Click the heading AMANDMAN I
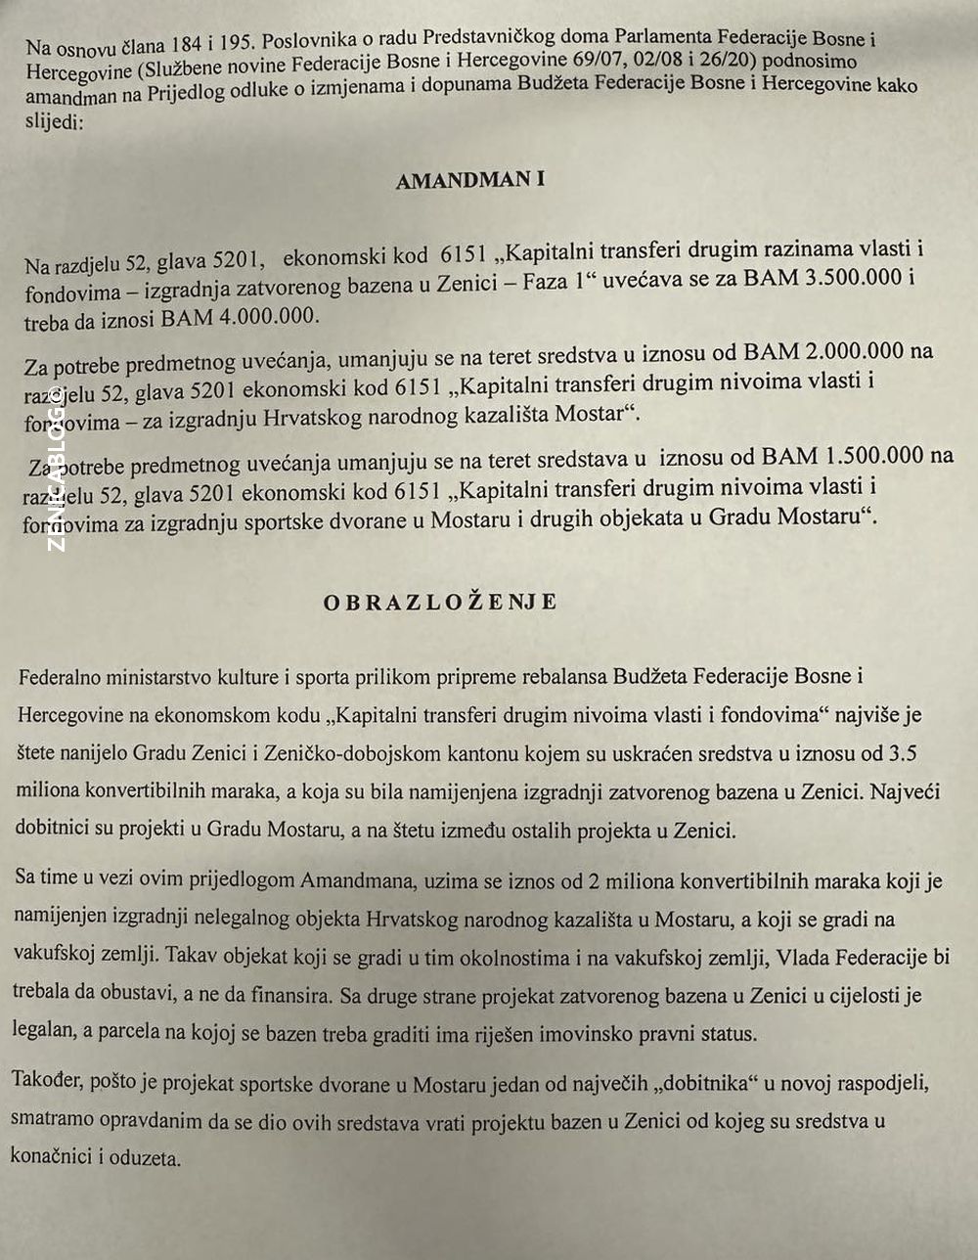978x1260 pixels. (469, 181)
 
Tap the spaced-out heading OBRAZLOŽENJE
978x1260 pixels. (440, 602)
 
